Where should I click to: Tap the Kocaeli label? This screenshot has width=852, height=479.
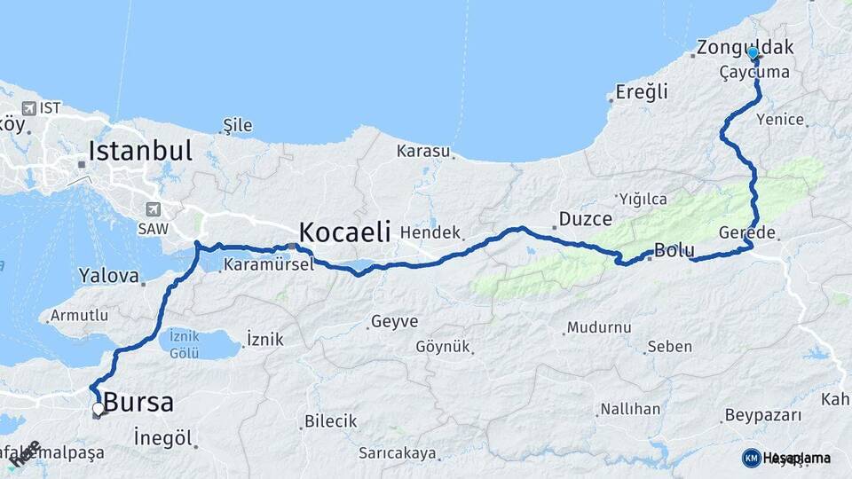344,232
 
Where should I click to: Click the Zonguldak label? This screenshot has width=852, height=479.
745,47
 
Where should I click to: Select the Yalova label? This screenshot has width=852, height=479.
108,275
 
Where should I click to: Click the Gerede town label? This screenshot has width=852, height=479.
754,233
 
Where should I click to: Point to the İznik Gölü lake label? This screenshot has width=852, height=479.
184,344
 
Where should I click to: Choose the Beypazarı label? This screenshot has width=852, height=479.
762,414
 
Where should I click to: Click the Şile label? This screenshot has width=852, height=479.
237,124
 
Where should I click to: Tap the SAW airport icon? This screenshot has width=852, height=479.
154,210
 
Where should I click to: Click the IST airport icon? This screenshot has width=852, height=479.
29,108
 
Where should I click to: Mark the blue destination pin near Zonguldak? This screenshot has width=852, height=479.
753,54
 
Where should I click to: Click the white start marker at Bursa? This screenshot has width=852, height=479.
98,409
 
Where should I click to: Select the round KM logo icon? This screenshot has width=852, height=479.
751,458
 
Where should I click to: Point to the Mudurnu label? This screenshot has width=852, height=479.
600,327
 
